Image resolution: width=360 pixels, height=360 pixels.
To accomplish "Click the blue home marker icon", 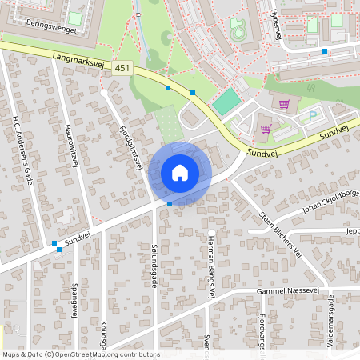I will click(180, 172).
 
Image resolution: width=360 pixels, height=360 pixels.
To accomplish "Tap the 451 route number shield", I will click(122, 69).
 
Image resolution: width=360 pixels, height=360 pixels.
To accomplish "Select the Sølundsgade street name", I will click(154, 265).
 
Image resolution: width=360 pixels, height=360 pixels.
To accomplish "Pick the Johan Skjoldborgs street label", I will click(329, 203).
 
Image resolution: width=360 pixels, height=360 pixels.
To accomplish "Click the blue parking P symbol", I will click(312, 116).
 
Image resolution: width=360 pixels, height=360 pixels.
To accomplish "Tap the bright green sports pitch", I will click(227, 100).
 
